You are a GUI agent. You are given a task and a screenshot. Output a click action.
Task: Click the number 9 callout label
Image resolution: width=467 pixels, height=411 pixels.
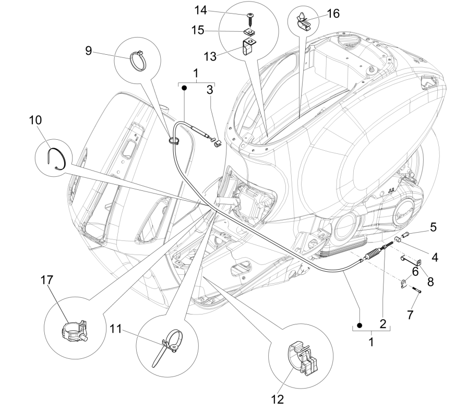tap(89, 51)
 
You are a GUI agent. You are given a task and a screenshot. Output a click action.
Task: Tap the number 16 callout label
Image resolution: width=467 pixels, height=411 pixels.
tap(332, 14)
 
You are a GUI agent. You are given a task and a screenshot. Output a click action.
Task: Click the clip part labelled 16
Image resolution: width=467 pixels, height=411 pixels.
tap(305, 21)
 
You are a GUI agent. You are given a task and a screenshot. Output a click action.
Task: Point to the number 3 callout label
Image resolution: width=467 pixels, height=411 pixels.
tap(210, 89)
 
